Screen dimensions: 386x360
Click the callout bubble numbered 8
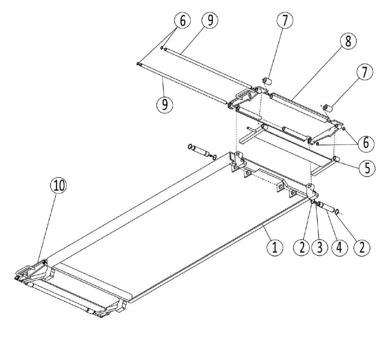(x=348, y=41)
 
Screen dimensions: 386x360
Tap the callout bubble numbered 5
(x=367, y=169)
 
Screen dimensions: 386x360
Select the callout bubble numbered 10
(x=58, y=186)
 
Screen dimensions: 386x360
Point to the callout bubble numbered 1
(x=275, y=247)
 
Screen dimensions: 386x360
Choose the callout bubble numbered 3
(x=320, y=247)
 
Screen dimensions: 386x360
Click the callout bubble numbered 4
(x=340, y=247)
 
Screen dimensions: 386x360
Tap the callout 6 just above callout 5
(x=366, y=143)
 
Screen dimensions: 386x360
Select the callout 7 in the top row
(x=285, y=20)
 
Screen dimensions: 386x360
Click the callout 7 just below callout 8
(x=364, y=72)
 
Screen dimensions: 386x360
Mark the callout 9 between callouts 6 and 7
(x=210, y=20)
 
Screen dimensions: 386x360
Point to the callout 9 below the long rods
(x=165, y=104)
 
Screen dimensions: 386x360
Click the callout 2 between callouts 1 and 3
(x=302, y=247)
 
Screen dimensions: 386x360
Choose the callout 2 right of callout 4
(x=362, y=247)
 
